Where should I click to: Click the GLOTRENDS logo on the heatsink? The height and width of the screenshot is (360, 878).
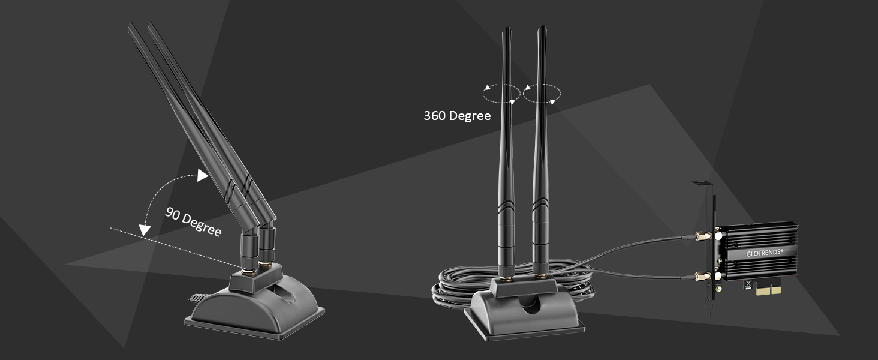[x=764, y=253]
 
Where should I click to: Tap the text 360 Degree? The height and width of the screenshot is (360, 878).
[x=457, y=116]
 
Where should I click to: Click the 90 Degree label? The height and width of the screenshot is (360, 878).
[x=193, y=221]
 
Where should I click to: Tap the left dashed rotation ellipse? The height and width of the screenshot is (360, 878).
[x=501, y=94]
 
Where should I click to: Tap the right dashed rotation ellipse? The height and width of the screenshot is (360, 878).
[x=542, y=94]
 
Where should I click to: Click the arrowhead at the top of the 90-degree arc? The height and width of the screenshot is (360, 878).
[x=202, y=175]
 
